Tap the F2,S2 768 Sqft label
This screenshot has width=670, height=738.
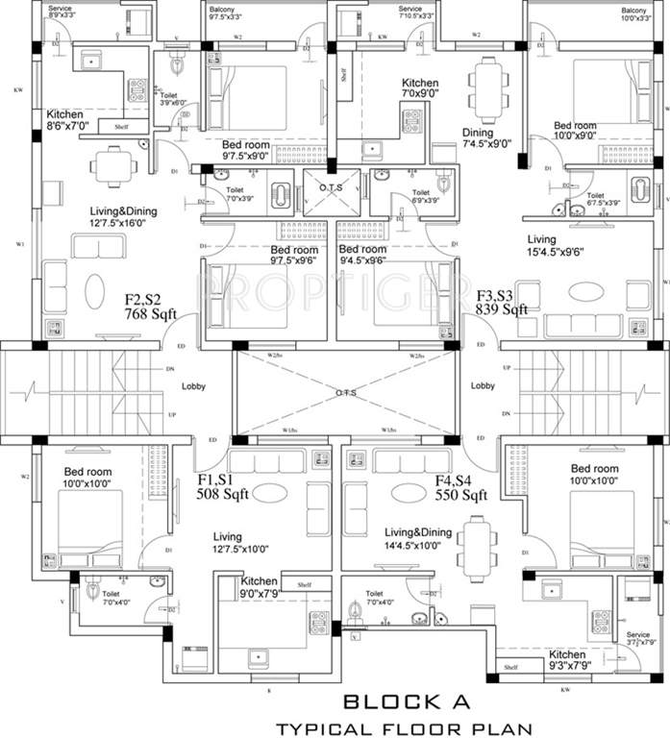(x=150, y=307)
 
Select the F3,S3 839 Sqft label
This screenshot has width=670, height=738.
(x=502, y=302)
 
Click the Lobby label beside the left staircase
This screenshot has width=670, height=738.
(x=195, y=386)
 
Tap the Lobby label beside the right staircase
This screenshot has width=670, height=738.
(x=483, y=386)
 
